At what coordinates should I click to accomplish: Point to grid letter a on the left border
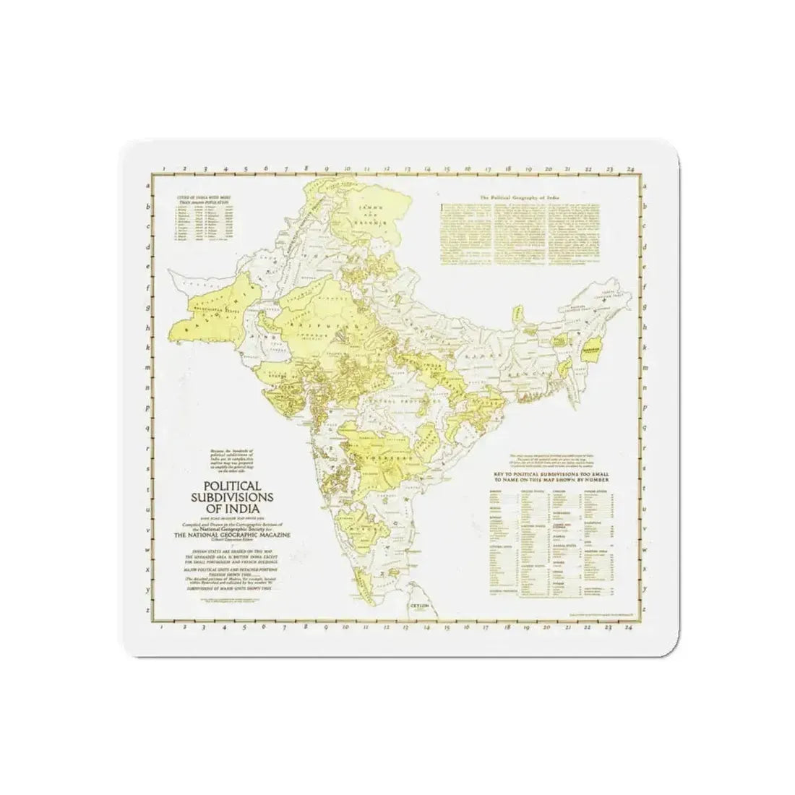pyautogui.click(x=149, y=185)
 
